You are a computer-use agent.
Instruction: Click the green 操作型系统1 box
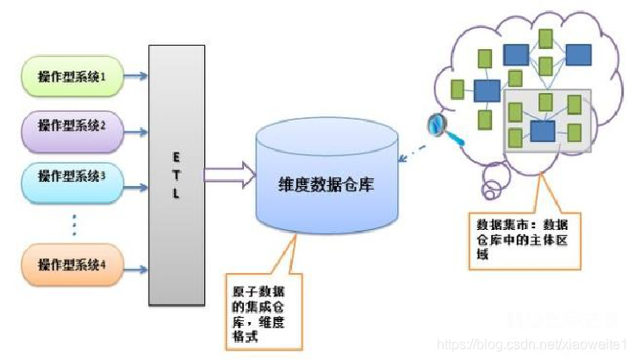point(71,78)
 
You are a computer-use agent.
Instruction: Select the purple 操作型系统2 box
point(71,125)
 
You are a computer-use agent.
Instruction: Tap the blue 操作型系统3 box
point(71,176)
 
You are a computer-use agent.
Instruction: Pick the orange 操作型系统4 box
point(71,264)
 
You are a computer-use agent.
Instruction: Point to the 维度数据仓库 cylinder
point(326,185)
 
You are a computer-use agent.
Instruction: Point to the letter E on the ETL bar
point(175,158)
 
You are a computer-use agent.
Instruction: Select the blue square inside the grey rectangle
point(541,131)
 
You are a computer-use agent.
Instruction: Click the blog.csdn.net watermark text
point(534,344)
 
